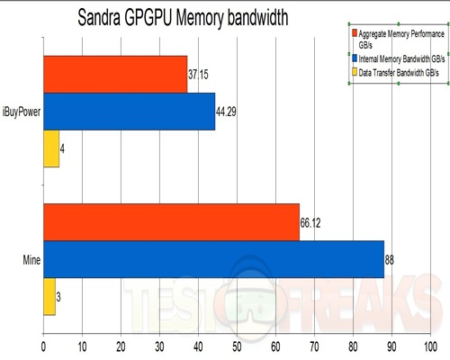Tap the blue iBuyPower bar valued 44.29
[129, 112]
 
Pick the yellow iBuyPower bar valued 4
[51, 148]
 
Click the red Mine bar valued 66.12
[171, 222]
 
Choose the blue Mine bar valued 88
[213, 259]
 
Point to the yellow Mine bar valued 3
[49, 296]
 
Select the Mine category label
[30, 260]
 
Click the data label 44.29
[230, 112]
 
